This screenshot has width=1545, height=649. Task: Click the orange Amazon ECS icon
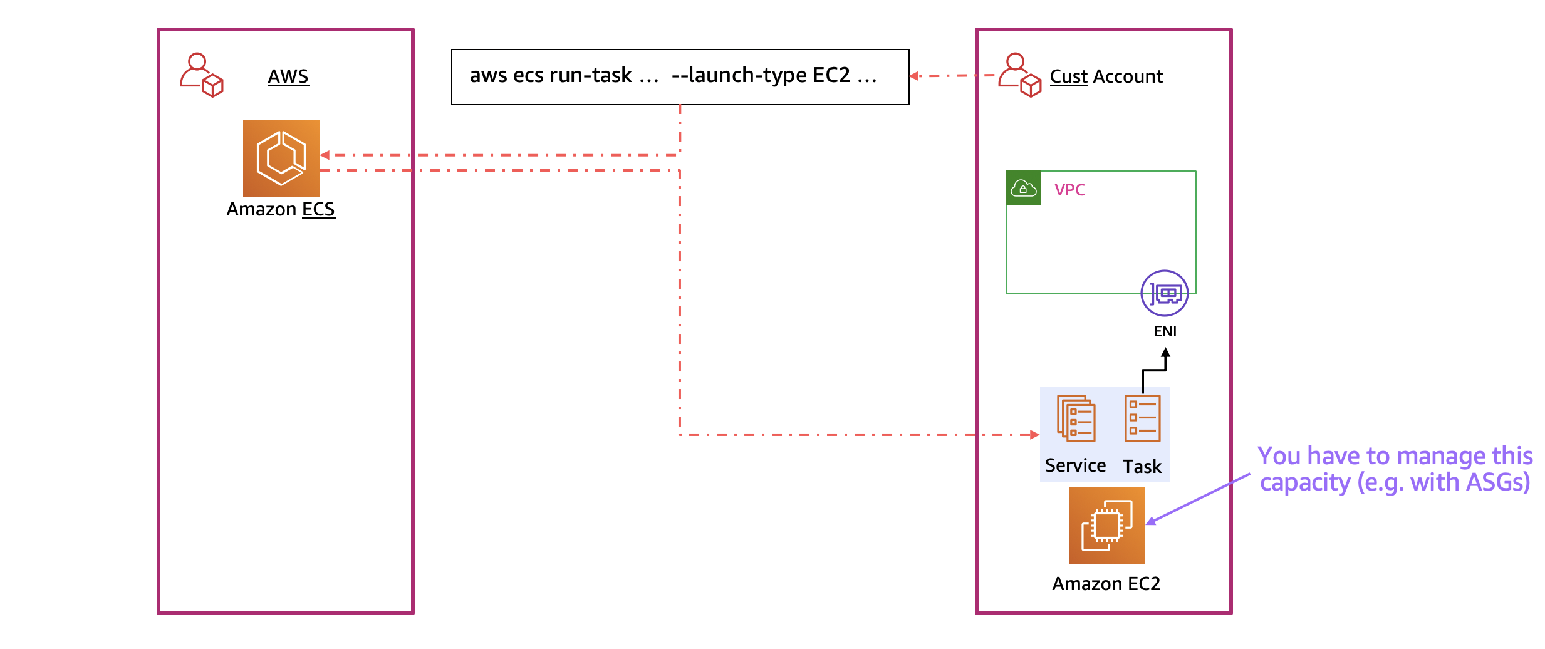tap(281, 158)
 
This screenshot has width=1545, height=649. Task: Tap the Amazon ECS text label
tap(281, 209)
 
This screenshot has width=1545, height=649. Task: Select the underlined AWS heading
tap(288, 76)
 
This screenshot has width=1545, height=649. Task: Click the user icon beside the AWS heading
tap(201, 75)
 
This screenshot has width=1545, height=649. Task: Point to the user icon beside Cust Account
tap(1019, 75)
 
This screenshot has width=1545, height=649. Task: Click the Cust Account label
tap(1106, 76)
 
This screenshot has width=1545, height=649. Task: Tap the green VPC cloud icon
tap(1024, 188)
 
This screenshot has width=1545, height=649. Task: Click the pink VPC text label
tap(1069, 190)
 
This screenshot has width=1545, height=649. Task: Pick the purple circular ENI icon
tap(1164, 293)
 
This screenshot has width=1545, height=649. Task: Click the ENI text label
tap(1165, 331)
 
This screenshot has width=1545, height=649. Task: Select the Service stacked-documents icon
tap(1076, 418)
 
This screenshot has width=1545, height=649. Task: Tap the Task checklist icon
tap(1142, 418)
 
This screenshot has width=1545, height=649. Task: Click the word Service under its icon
tap(1075, 465)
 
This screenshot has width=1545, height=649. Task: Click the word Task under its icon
tap(1142, 467)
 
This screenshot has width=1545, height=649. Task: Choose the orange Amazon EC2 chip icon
tap(1106, 526)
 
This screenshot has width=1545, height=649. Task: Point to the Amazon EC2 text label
tap(1106, 584)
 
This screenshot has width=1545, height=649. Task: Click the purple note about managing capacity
tap(1395, 469)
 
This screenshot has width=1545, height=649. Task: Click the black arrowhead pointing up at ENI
tap(1165, 353)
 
